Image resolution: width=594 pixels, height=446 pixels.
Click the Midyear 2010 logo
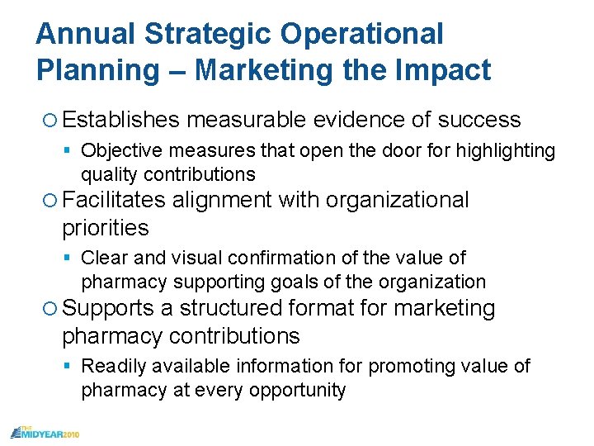pos(45,432)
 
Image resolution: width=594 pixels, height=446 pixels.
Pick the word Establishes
pos(120,120)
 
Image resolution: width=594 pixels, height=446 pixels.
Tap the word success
pos(478,120)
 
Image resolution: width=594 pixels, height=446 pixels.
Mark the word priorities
pos(105,228)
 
